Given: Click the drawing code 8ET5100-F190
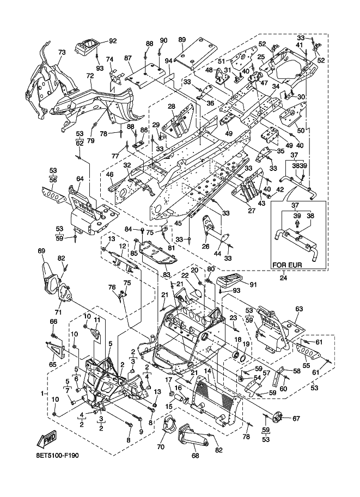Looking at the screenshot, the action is pyautogui.click(x=57, y=456).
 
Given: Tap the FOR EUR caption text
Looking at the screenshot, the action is pyautogui.click(x=288, y=265).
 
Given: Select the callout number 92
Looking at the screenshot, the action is pyautogui.click(x=113, y=41).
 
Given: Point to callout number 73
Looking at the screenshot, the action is pyautogui.click(x=62, y=52).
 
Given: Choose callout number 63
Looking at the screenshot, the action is pyautogui.click(x=299, y=309).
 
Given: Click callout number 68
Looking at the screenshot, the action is pyautogui.click(x=196, y=456).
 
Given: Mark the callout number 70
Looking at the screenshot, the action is pyautogui.click(x=161, y=447).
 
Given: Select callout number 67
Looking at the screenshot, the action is pyautogui.click(x=296, y=419).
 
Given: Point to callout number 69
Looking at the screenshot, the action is pyautogui.click(x=41, y=251).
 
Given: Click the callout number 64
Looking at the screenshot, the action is pyautogui.click(x=80, y=179).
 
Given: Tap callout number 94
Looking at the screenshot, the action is pyautogui.click(x=168, y=60).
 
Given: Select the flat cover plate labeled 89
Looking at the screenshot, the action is pyautogui.click(x=196, y=56).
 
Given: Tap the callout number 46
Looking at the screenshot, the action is pyautogui.click(x=110, y=174).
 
